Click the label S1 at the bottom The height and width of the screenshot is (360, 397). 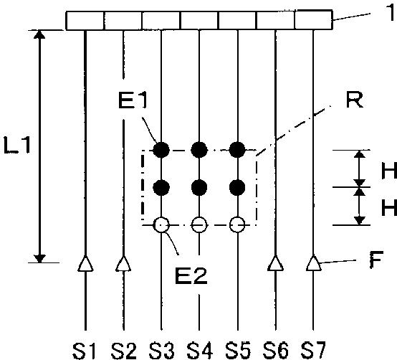[x=84, y=351]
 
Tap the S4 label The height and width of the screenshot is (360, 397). [x=199, y=351]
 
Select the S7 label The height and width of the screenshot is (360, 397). [x=313, y=351]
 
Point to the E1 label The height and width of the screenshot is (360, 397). [x=133, y=101]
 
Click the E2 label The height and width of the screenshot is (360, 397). [x=191, y=275]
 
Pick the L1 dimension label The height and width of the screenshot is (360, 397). [x=17, y=145]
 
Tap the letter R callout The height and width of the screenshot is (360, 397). [x=354, y=100]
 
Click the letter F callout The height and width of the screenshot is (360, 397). [x=376, y=260]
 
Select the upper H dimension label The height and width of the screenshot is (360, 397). [x=389, y=171]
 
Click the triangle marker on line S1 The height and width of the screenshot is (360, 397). [x=85, y=264]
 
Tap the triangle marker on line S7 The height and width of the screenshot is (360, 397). [x=313, y=263]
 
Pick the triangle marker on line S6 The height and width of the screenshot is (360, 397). [x=275, y=263]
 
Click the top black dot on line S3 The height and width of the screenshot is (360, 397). [x=161, y=150]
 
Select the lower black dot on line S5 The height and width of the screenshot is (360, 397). [x=237, y=188]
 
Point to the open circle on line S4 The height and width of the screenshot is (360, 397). [x=199, y=225]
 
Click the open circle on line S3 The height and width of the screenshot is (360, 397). [x=161, y=225]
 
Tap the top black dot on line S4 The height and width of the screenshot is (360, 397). [x=199, y=150]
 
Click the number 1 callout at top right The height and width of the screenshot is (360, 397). [x=390, y=13]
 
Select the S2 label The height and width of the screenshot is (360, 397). [x=123, y=351]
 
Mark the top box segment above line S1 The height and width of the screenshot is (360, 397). [x=85, y=21]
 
